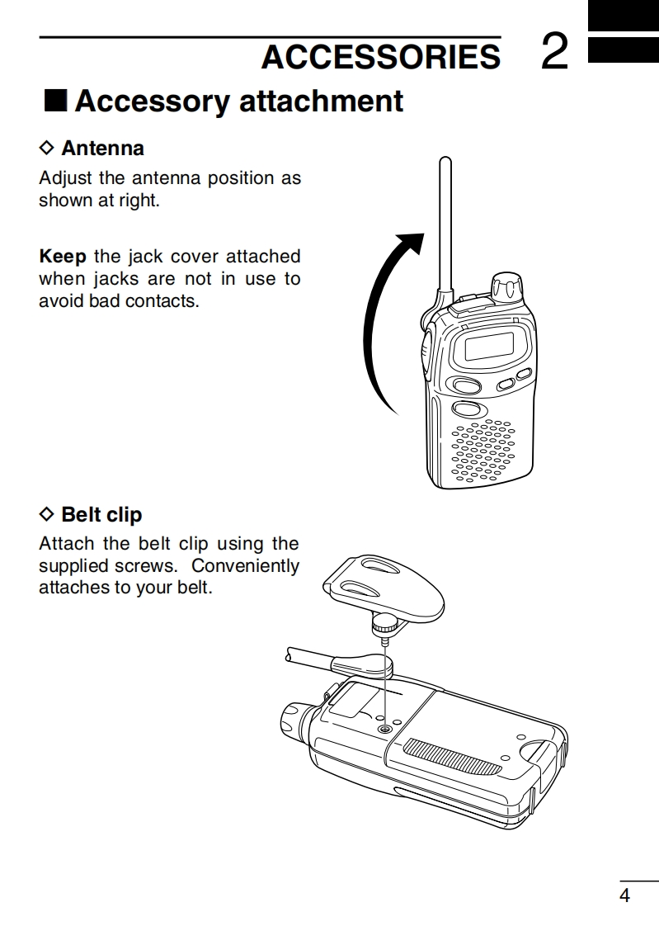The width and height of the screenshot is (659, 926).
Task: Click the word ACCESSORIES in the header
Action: tap(380, 56)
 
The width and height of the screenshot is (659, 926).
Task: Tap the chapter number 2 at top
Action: tap(556, 53)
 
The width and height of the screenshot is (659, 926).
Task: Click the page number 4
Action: tap(624, 895)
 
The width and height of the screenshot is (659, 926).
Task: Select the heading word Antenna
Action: tap(102, 149)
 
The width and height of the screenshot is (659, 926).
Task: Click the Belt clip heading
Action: tap(101, 515)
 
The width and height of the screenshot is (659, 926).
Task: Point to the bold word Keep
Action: tap(63, 256)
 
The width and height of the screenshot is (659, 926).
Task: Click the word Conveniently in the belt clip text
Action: tap(246, 566)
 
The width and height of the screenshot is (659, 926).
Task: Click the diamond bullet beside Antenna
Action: tap(46, 149)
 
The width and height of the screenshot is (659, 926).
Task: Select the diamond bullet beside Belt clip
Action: tap(46, 515)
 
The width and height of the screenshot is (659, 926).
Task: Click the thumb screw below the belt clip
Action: tap(383, 623)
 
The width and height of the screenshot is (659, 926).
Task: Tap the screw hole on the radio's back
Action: tap(385, 730)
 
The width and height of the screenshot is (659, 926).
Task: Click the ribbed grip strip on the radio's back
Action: tap(451, 757)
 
